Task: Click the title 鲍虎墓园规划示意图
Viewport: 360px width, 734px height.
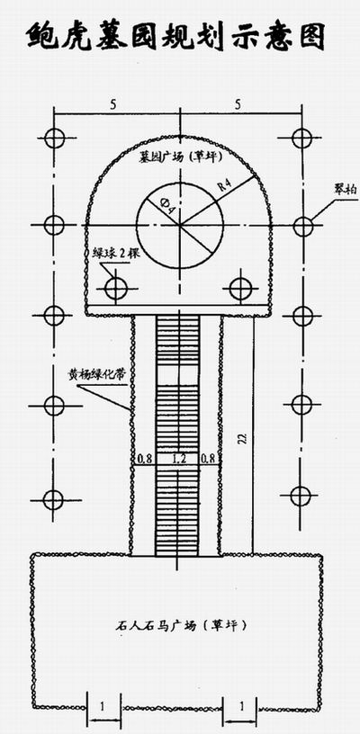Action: [175, 37]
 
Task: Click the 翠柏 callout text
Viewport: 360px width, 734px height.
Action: [346, 190]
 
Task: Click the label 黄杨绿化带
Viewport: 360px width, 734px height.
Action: [99, 375]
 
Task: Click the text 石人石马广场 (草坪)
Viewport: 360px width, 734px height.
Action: [181, 625]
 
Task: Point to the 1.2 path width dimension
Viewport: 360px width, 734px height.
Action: [179, 460]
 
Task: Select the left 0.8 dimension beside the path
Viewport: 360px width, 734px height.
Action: [144, 460]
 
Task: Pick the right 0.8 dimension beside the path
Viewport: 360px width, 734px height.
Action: [208, 460]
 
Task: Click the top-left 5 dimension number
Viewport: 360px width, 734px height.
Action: [112, 105]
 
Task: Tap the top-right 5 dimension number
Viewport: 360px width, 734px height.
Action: [238, 105]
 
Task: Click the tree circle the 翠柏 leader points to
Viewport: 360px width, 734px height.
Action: [303, 226]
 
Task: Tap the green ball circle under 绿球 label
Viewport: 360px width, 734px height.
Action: [115, 288]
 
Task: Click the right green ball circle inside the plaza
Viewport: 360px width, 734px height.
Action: [240, 289]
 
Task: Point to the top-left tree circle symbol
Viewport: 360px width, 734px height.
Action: [55, 139]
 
